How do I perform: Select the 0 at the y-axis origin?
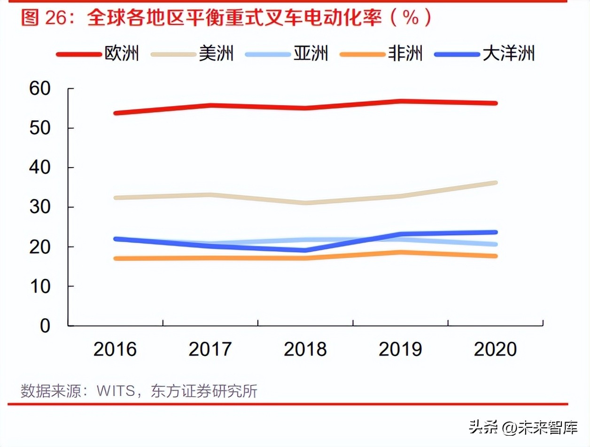point(45,326)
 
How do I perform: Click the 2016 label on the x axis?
point(115,349)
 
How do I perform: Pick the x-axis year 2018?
point(305,349)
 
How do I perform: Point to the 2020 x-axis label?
point(496,349)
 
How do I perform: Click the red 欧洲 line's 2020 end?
point(495,103)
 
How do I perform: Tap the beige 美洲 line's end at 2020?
point(495,183)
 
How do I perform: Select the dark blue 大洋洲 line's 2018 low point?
point(305,250)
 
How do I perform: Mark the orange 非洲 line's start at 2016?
point(116,258)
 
